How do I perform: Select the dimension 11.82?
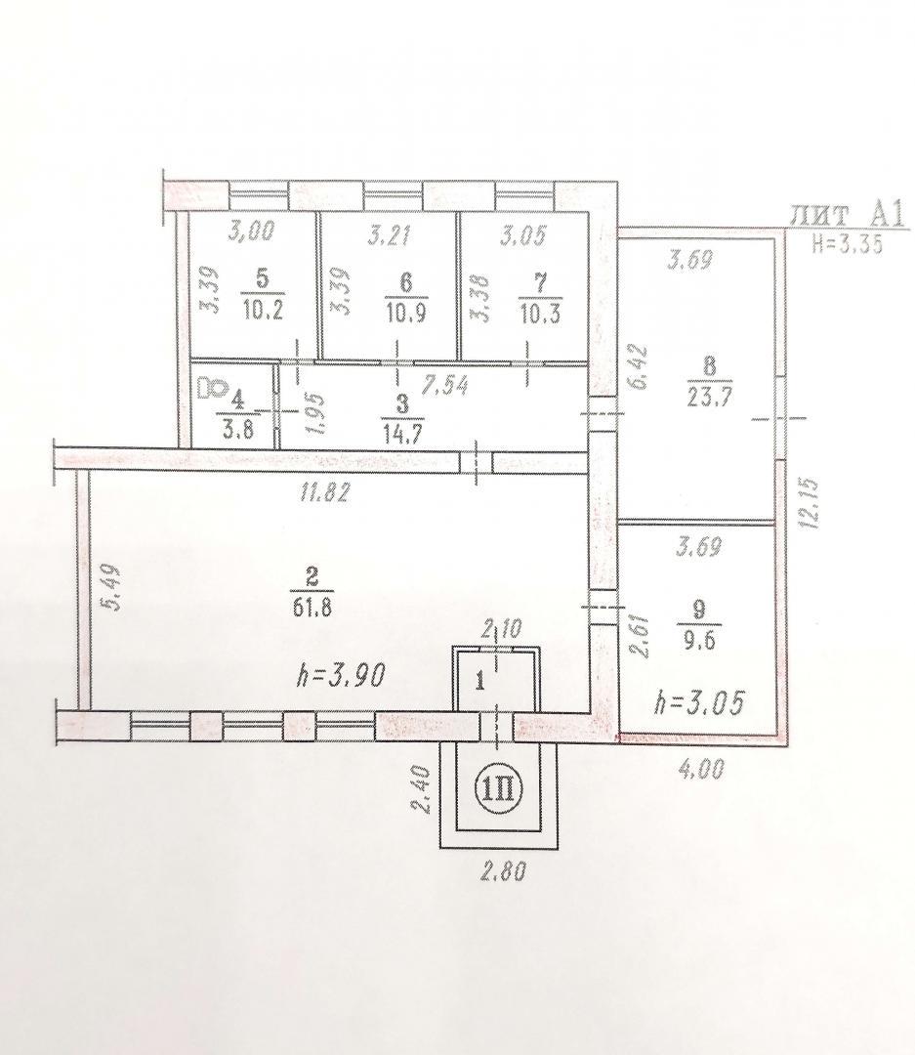(325, 492)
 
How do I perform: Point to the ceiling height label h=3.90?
(341, 676)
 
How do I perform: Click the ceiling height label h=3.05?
(699, 703)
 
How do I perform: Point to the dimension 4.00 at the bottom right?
(700, 769)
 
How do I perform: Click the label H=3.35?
(848, 243)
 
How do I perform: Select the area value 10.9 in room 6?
(406, 314)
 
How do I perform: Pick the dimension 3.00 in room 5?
(251, 232)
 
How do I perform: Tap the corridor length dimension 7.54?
(444, 386)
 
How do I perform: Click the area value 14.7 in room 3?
(401, 433)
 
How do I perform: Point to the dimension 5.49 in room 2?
(112, 587)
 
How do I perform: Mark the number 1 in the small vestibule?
(479, 682)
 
